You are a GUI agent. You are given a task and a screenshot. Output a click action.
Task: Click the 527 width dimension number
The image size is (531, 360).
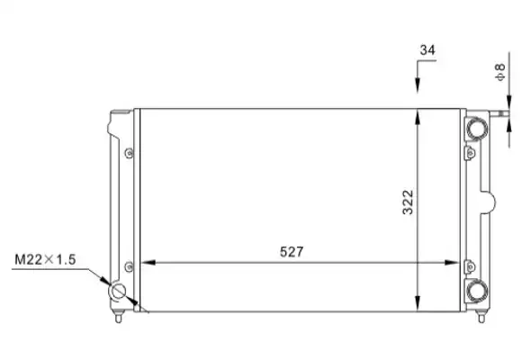coord(292,252)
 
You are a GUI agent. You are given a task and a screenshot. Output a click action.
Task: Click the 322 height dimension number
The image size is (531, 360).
coord(408,202)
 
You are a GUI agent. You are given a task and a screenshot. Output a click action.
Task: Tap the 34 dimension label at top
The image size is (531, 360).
coord(427,50)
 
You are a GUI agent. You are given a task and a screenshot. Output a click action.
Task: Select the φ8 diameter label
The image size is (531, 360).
coord(499,72)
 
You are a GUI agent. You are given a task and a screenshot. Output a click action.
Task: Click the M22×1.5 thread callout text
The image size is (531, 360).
coord(45,260)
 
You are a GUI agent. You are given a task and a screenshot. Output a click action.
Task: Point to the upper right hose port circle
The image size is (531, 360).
coord(477,129)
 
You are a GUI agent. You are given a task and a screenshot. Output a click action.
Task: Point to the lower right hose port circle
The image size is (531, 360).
coord(477,290)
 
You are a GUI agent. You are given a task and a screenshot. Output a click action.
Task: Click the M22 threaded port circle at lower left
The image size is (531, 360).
coord(117,292)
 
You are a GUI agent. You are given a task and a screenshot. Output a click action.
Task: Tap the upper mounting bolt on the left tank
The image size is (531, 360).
coord(129,153)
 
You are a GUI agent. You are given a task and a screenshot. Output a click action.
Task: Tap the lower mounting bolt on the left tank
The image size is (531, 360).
coord(129,266)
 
